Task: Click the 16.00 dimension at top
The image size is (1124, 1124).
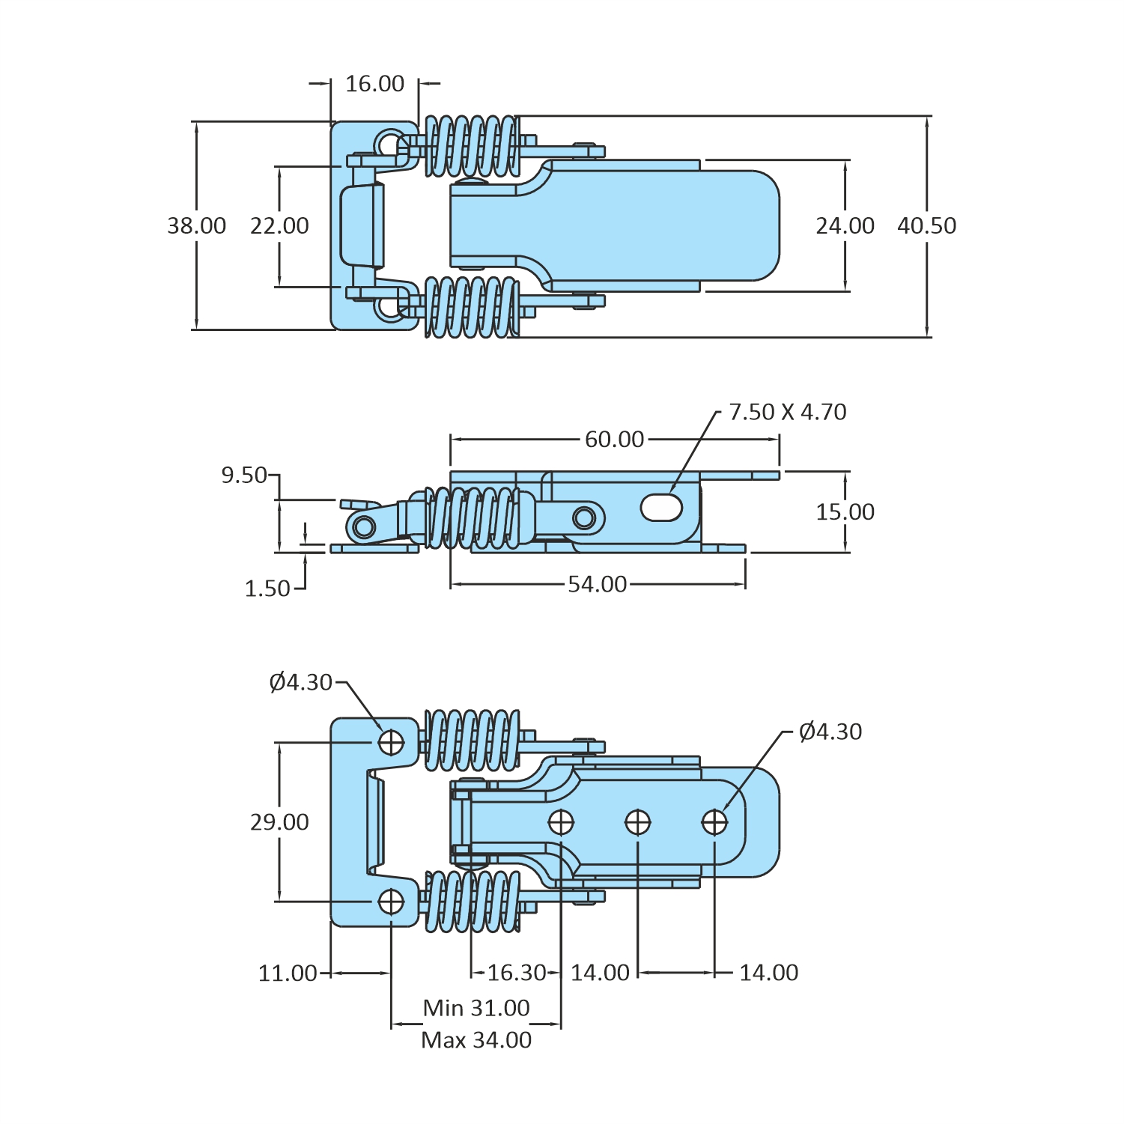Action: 374,84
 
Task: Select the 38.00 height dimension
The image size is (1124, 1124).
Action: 196,225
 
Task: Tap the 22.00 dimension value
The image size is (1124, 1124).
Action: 279,225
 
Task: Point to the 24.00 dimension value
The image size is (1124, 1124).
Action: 845,225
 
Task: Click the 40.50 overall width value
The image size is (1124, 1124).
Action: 926,225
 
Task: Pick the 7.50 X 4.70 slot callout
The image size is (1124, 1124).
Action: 787,412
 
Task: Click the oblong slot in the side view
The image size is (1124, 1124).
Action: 661,508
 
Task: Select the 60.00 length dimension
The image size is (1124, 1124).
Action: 614,440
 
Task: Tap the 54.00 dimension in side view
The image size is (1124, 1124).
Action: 597,584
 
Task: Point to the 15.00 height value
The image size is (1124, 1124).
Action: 845,512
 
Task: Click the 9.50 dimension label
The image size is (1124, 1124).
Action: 243,476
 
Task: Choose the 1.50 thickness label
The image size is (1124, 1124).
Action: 267,589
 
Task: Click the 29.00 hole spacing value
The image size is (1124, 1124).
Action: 279,822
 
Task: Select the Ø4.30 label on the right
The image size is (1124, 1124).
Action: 830,732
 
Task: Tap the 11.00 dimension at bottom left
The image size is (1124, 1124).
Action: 288,973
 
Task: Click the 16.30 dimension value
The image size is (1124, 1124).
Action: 517,973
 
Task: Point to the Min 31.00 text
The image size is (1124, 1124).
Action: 476,1008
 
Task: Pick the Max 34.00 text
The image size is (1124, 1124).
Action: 476,1040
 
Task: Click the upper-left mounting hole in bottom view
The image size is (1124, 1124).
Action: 391,742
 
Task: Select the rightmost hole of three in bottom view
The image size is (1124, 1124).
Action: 714,822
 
